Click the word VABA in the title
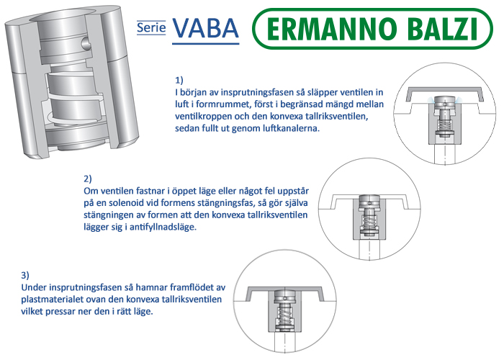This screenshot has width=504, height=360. tap(205, 28)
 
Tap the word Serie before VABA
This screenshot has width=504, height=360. tap(151, 27)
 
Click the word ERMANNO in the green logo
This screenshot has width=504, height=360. tap(330, 29)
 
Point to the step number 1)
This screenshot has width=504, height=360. tap(179, 80)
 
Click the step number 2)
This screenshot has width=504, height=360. tap(88, 179)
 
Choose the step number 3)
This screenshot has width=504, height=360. tap(25, 276)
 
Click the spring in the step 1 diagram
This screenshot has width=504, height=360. tap(444, 123)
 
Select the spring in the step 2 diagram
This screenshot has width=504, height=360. tap(369, 222)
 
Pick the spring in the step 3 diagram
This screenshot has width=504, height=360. tap(285, 316)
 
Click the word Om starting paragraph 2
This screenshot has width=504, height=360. tap(91, 192)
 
